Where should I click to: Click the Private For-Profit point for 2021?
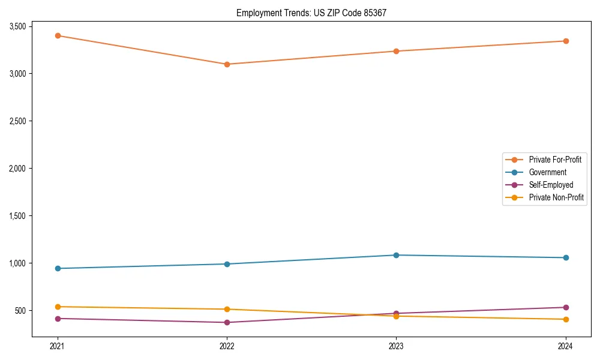tap(58, 35)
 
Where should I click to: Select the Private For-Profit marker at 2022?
tap(227, 64)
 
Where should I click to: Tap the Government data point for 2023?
tap(396, 255)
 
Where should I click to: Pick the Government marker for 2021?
tap(58, 268)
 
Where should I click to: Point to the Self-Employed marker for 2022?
tap(227, 322)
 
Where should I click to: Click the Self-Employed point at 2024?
tap(566, 307)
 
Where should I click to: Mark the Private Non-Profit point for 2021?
tap(58, 307)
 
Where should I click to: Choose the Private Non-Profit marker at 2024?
tap(566, 319)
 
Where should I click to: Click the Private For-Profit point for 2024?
tap(566, 41)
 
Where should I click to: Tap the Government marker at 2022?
tap(227, 264)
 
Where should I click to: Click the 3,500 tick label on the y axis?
tap(17, 26)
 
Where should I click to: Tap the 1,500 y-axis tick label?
tap(17, 216)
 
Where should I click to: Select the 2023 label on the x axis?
tap(396, 346)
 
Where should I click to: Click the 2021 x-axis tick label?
tap(58, 346)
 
